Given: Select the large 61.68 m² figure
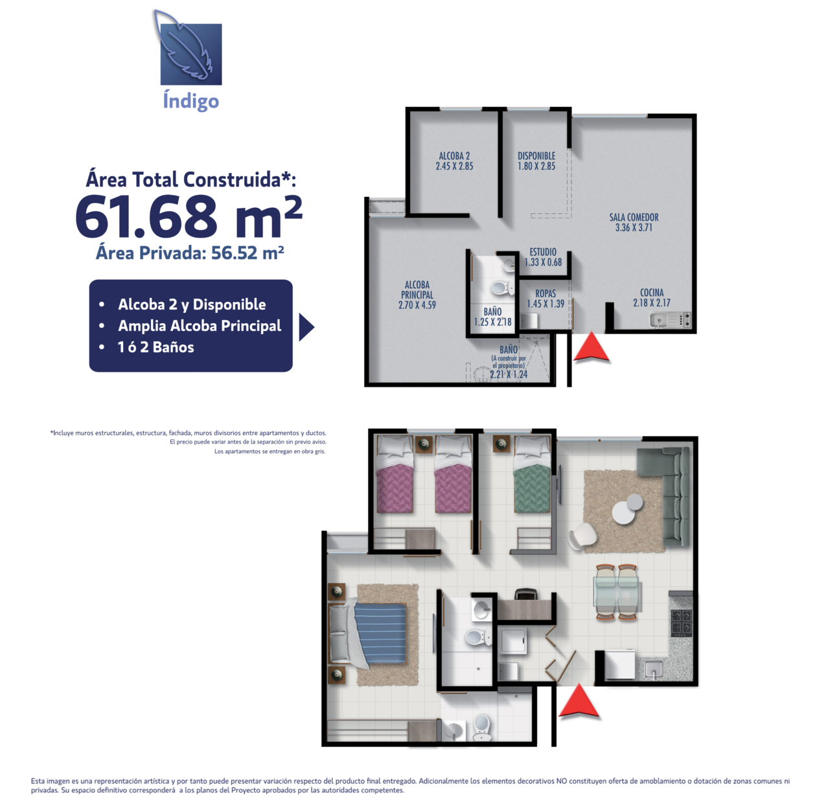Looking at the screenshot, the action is coord(189,216).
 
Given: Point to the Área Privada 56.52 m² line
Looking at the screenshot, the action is coord(190,253).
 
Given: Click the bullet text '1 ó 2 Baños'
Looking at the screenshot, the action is coord(155,347).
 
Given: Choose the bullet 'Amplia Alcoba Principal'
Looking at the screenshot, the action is coord(200,326).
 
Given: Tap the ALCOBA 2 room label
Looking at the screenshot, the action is coord(454,161).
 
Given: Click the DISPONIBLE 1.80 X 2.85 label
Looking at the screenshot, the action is coord(536,161).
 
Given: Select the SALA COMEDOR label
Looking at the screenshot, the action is coord(634,222).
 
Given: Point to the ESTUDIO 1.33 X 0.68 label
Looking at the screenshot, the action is coord(543,257).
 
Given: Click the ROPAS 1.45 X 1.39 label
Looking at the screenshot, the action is coord(546,299).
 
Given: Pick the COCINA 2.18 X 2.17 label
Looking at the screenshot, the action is coord(652,298).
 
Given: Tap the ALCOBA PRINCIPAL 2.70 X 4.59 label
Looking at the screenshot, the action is coord(417,295).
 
